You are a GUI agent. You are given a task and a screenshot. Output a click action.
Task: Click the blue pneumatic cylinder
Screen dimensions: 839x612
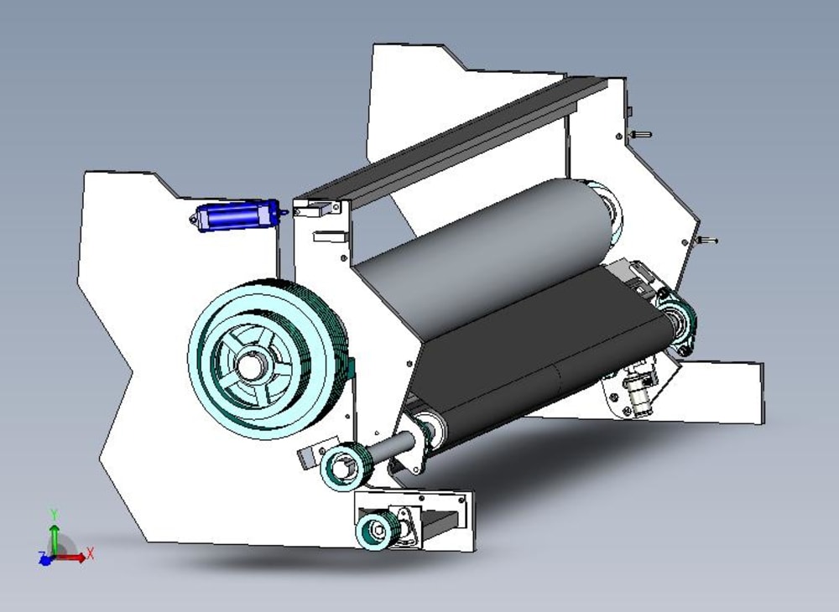click(x=238, y=215)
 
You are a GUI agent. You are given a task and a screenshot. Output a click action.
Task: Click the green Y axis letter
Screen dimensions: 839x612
click(x=54, y=514)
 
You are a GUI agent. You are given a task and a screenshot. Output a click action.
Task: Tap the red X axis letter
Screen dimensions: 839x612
click(x=90, y=554)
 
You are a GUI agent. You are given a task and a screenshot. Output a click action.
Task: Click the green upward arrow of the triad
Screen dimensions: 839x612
click(x=54, y=540)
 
